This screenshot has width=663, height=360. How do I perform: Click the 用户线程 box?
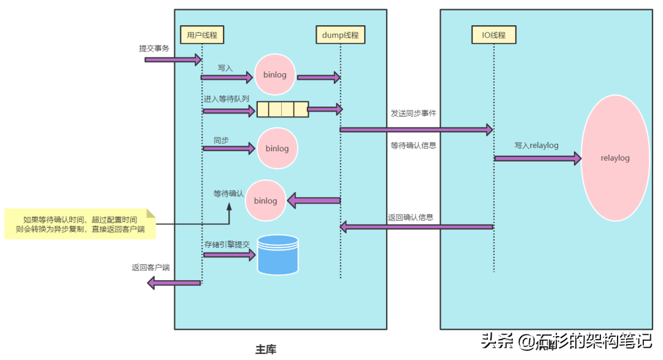pyautogui.click(x=201, y=35)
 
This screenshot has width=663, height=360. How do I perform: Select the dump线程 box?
pyautogui.click(x=340, y=35)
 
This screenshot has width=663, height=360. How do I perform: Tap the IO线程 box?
pyautogui.click(x=494, y=35)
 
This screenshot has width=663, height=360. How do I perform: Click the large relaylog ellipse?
pyautogui.click(x=615, y=158)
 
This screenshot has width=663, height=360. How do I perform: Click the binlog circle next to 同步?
pyautogui.click(x=277, y=148)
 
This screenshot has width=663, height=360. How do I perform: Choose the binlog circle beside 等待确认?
pyautogui.click(x=266, y=201)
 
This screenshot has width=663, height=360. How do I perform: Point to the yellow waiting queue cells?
pyautogui.click(x=282, y=109)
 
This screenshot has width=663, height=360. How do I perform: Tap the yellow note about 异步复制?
pyautogui.click(x=80, y=224)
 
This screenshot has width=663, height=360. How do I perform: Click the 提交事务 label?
pyautogui.click(x=154, y=48)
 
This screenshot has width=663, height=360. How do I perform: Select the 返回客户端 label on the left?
pyautogui.click(x=150, y=268)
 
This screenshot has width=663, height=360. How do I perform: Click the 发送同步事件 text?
pyautogui.click(x=413, y=114)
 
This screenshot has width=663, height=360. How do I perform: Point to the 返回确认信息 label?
pyautogui.click(x=411, y=217)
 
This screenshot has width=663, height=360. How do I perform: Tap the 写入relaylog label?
pyautogui.click(x=536, y=145)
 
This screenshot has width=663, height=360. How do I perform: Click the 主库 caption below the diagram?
pyautogui.click(x=265, y=350)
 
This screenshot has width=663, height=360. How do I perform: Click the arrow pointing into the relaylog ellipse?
pyautogui.click(x=537, y=158)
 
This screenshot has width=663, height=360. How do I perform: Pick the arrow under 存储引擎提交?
pyautogui.click(x=228, y=254)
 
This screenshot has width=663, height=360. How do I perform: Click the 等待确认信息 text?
pyautogui.click(x=413, y=146)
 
